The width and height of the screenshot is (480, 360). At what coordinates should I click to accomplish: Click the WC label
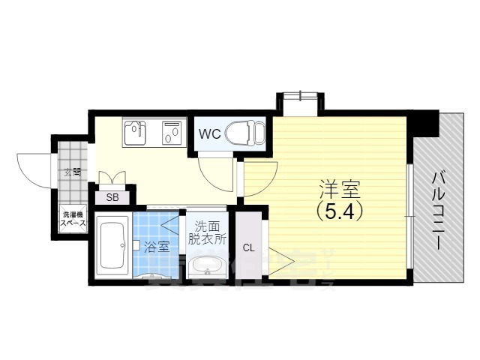coord(209,136)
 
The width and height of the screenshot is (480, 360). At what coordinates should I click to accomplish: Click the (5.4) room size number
coord(339,211)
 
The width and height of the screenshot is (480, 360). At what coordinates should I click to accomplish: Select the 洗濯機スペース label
coord(73,220)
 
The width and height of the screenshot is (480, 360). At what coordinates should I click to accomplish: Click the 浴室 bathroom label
coord(157,246)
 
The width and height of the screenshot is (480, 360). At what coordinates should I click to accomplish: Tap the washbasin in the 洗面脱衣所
coord(205,266)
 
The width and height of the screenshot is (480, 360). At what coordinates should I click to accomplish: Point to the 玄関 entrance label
coord(73,172)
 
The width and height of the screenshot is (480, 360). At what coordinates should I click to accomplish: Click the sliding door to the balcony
coord(409,214)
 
